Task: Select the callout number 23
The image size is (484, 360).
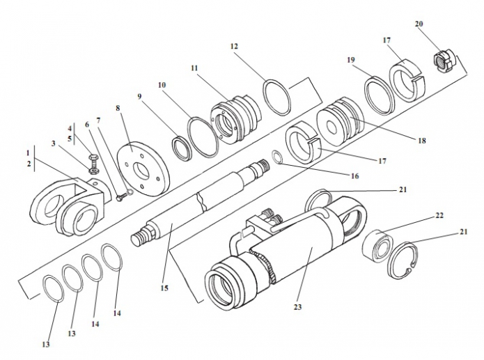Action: tap(297, 307)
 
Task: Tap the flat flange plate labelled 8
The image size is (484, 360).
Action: tap(144, 168)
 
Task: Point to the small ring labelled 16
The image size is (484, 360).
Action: tap(276, 157)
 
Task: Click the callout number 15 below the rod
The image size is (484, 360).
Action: tap(164, 288)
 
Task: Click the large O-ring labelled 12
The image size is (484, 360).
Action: tap(277, 97)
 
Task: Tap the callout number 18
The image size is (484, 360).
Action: tap(421, 141)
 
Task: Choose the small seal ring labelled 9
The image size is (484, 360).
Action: tap(182, 149)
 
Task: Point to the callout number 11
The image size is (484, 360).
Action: tap(194, 68)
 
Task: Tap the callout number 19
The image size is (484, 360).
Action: tap(351, 60)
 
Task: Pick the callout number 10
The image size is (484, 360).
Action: tap(162, 85)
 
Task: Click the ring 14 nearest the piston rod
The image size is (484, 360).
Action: tap(111, 257)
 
